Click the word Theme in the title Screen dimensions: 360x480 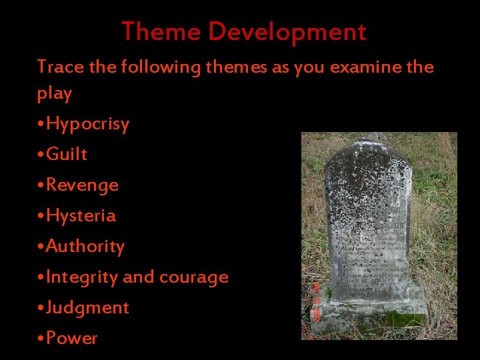[161, 31]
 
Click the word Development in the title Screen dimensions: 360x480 [287, 31]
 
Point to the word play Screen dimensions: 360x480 [54, 93]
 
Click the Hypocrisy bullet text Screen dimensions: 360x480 [87, 124]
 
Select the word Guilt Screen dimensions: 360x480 [67, 154]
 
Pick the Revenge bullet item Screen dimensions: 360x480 [82, 185]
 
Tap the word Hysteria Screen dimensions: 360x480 [81, 215]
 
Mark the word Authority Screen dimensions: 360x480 [85, 246]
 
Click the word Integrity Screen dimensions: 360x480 [82, 277]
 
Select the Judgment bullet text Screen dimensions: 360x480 [87, 307]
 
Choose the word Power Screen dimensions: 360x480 [71, 338]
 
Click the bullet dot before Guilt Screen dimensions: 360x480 [41, 155]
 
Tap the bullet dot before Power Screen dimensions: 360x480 [41, 339]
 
